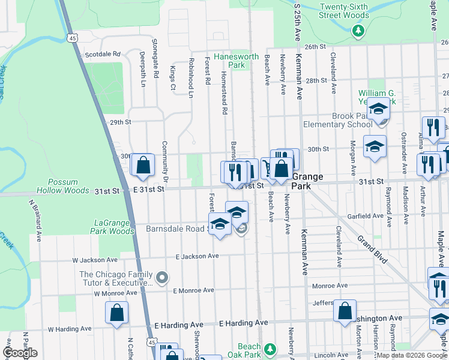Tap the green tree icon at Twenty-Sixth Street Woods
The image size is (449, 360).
pyautogui.click(x=359, y=30)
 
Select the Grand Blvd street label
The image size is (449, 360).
pyautogui.click(x=372, y=250)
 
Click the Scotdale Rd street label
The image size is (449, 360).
pyautogui.click(x=103, y=53)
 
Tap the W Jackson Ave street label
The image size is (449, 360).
pyautogui.click(x=94, y=260)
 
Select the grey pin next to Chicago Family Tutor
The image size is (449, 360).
pyautogui.click(x=162, y=277)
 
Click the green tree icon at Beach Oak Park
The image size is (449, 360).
pyautogui.click(x=270, y=347)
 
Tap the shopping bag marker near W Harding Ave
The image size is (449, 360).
pyautogui.click(x=116, y=312)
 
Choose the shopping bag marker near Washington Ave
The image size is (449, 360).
pyautogui.click(x=345, y=310)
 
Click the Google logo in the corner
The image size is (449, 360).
pyautogui.click(x=20, y=353)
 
